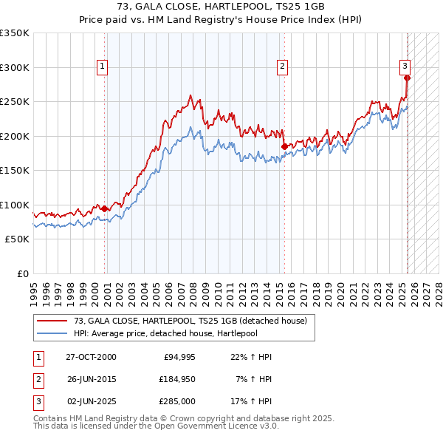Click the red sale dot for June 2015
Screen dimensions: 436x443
tap(284, 146)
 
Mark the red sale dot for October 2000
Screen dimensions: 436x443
tap(104, 208)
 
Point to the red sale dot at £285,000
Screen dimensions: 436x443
tap(407, 78)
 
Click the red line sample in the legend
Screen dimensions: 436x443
tap(52, 321)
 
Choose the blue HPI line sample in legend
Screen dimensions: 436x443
tap(52, 333)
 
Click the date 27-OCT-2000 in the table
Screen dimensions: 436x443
tap(91, 357)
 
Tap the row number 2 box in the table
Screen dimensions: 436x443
tap(38, 379)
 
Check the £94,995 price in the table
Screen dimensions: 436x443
tap(177, 357)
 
